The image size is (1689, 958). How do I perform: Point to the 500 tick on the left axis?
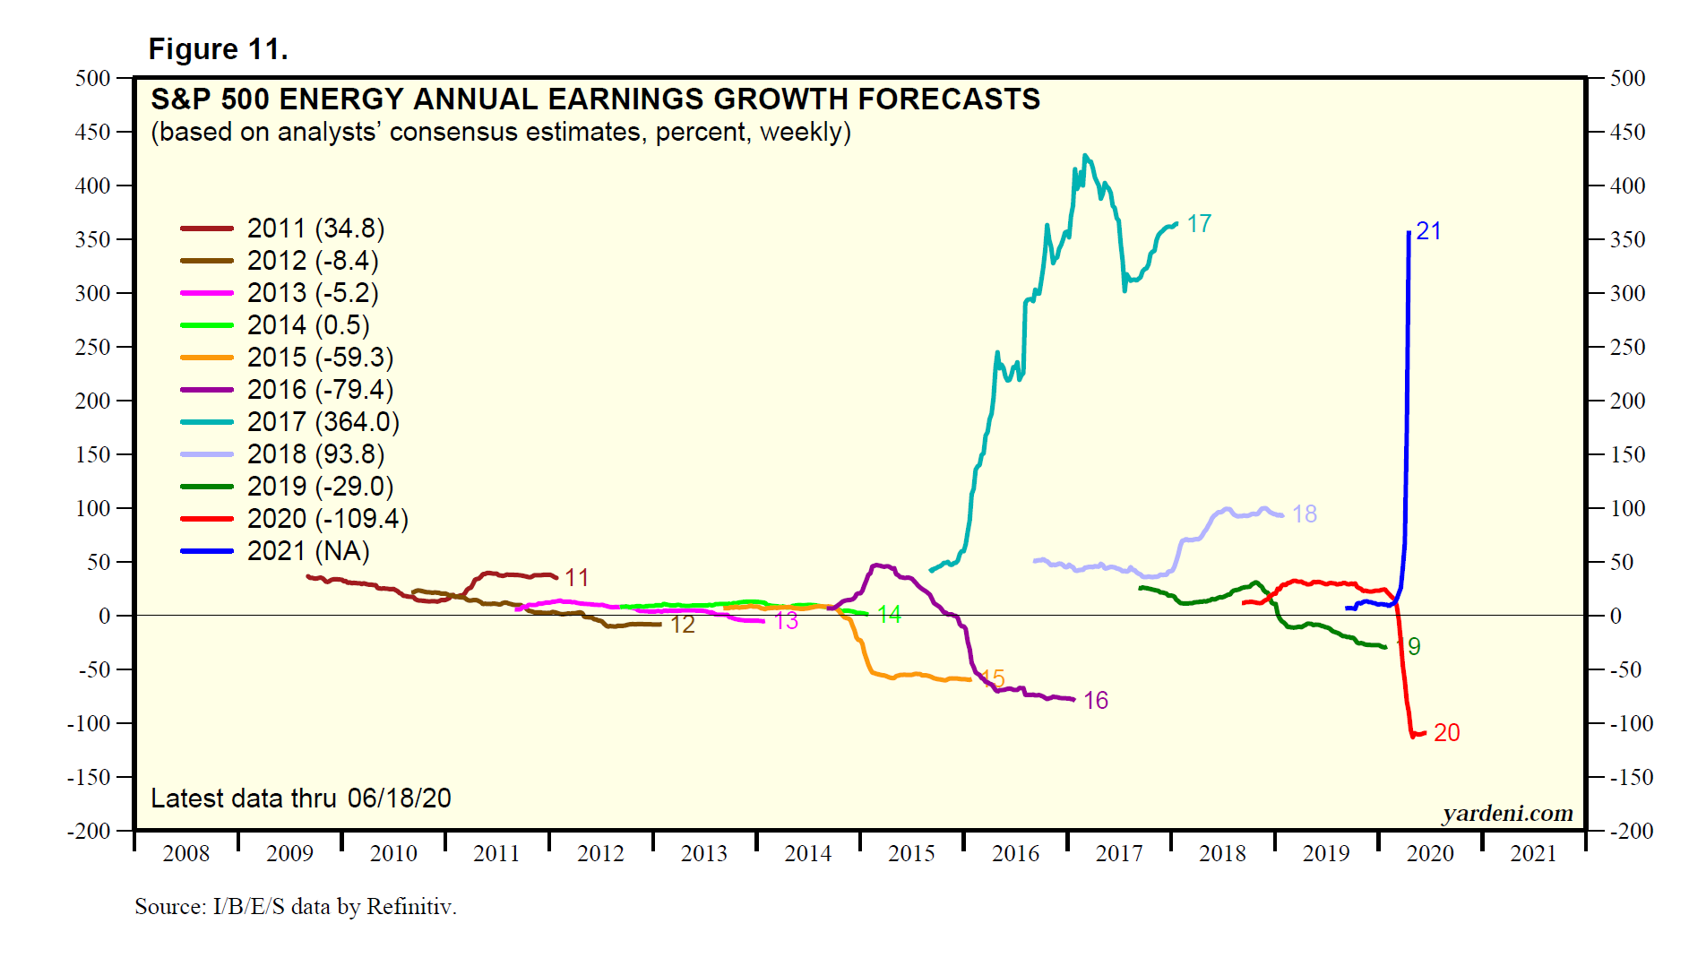(93, 78)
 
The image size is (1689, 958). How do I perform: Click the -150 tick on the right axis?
(1627, 777)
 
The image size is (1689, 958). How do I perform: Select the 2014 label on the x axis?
(807, 853)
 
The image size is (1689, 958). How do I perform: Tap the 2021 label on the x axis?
(1533, 853)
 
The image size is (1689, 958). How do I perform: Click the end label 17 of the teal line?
(1199, 224)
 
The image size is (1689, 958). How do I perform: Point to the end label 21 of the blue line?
(1428, 231)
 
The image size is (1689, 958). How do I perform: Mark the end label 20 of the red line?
(1446, 733)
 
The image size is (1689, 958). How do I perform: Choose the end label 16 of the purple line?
(1095, 701)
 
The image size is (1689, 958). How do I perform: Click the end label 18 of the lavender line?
(1304, 514)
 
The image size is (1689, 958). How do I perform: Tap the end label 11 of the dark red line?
(576, 578)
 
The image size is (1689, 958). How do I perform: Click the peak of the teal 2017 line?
(1085, 156)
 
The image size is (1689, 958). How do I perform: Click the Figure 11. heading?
(218, 49)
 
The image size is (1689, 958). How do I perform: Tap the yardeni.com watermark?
(1507, 813)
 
